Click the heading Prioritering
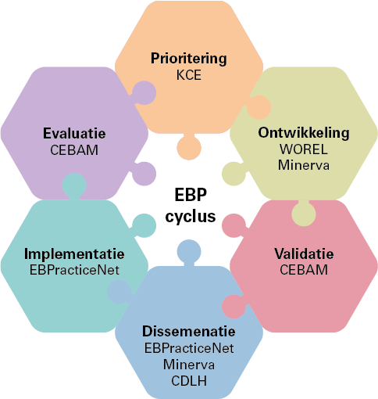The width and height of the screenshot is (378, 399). click(x=189, y=59)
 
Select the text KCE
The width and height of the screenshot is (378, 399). click(x=189, y=75)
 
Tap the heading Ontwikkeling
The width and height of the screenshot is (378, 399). click(x=304, y=133)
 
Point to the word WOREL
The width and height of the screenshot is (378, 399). click(x=304, y=149)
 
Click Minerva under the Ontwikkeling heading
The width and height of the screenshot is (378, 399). click(x=304, y=165)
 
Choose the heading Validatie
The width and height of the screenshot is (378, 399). click(x=304, y=253)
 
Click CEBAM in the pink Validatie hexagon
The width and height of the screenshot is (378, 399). click(x=304, y=270)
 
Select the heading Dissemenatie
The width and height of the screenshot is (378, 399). click(x=189, y=332)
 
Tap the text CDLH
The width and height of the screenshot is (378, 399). click(x=189, y=381)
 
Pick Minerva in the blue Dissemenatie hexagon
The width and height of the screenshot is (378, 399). click(x=189, y=365)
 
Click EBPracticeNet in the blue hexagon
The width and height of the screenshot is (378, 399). click(x=189, y=348)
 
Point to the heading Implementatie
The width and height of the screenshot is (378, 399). click(x=74, y=254)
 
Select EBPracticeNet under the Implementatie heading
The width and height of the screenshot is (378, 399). click(x=74, y=270)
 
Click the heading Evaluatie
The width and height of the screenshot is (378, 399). click(x=74, y=134)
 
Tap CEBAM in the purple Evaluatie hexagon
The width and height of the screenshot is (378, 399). click(x=74, y=150)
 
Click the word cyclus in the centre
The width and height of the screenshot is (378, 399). click(x=191, y=217)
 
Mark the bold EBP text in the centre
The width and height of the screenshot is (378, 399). click(x=191, y=195)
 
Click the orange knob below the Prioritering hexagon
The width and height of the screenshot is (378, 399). click(x=189, y=147)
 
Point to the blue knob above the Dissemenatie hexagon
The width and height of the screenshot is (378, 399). click(x=189, y=253)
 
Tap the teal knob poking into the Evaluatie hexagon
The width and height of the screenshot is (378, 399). click(x=74, y=186)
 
